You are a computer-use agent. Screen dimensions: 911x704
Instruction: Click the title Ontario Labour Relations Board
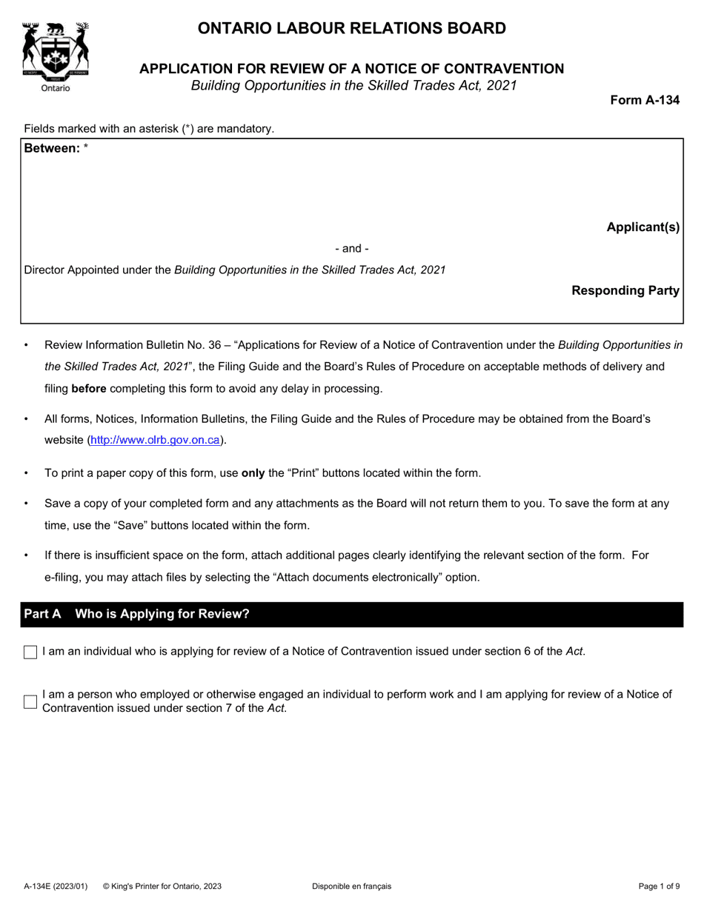pyautogui.click(x=351, y=29)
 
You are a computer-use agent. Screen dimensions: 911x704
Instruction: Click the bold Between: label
pyautogui.click(x=52, y=148)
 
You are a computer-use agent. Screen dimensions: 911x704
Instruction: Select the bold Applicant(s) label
pyautogui.click(x=642, y=227)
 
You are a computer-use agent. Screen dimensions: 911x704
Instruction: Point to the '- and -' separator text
pyautogui.click(x=352, y=249)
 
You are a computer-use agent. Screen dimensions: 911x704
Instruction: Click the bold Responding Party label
pyautogui.click(x=625, y=291)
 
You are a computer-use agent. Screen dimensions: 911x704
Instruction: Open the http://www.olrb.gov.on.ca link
pyautogui.click(x=155, y=441)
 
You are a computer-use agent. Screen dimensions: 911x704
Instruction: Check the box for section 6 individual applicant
pyautogui.click(x=30, y=653)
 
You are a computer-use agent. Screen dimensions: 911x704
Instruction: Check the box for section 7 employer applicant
pyautogui.click(x=30, y=701)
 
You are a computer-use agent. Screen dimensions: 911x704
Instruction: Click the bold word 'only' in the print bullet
pyautogui.click(x=253, y=473)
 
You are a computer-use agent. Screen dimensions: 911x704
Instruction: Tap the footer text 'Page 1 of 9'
pyautogui.click(x=660, y=887)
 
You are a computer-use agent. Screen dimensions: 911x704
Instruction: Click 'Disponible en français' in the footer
pyautogui.click(x=351, y=887)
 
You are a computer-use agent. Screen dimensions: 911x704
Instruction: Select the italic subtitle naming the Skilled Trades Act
pyautogui.click(x=352, y=85)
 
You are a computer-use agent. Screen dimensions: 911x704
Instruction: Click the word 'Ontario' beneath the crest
pyautogui.click(x=56, y=88)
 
